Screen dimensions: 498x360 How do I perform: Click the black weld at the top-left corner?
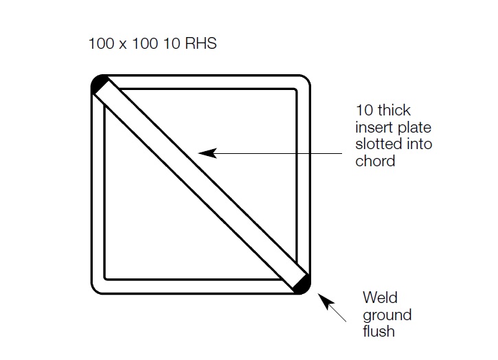point(99,84)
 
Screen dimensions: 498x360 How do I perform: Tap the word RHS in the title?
point(201,43)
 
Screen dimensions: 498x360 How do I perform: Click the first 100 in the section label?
point(101,43)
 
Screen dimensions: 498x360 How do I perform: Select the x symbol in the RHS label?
point(123,45)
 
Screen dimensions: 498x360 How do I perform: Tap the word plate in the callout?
point(415,127)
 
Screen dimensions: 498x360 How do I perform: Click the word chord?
point(375,161)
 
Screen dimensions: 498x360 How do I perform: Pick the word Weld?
point(380,297)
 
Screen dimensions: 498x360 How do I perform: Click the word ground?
point(387,315)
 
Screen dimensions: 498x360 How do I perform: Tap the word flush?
point(379,331)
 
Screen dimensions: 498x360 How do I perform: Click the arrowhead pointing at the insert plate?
point(207,153)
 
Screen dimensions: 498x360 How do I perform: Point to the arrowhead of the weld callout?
point(326,301)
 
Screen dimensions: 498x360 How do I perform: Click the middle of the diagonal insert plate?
point(201,185)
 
